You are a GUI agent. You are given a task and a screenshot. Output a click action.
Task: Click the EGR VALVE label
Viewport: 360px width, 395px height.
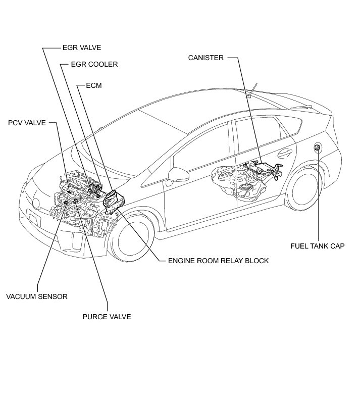coord(81,48)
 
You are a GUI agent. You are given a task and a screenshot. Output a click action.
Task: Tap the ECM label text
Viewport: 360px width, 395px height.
coord(94,86)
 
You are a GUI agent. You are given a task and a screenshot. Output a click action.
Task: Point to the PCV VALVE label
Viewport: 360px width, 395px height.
coord(27,123)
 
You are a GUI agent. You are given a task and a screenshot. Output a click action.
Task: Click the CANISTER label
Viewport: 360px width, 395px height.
coord(205,58)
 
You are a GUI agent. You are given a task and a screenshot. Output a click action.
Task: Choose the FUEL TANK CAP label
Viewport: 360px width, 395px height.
coord(317,246)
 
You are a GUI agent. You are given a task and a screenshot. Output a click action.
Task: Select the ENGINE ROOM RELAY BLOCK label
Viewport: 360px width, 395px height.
coord(218,261)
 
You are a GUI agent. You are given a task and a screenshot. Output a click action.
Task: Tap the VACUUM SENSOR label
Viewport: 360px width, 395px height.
coord(37,297)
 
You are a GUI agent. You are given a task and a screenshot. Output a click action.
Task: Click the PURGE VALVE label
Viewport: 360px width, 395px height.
coord(107,317)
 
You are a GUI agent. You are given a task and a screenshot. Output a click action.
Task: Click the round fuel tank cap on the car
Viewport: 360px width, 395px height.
coord(318,147)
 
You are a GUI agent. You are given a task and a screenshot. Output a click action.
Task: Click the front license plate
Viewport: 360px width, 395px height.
coord(34,220)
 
